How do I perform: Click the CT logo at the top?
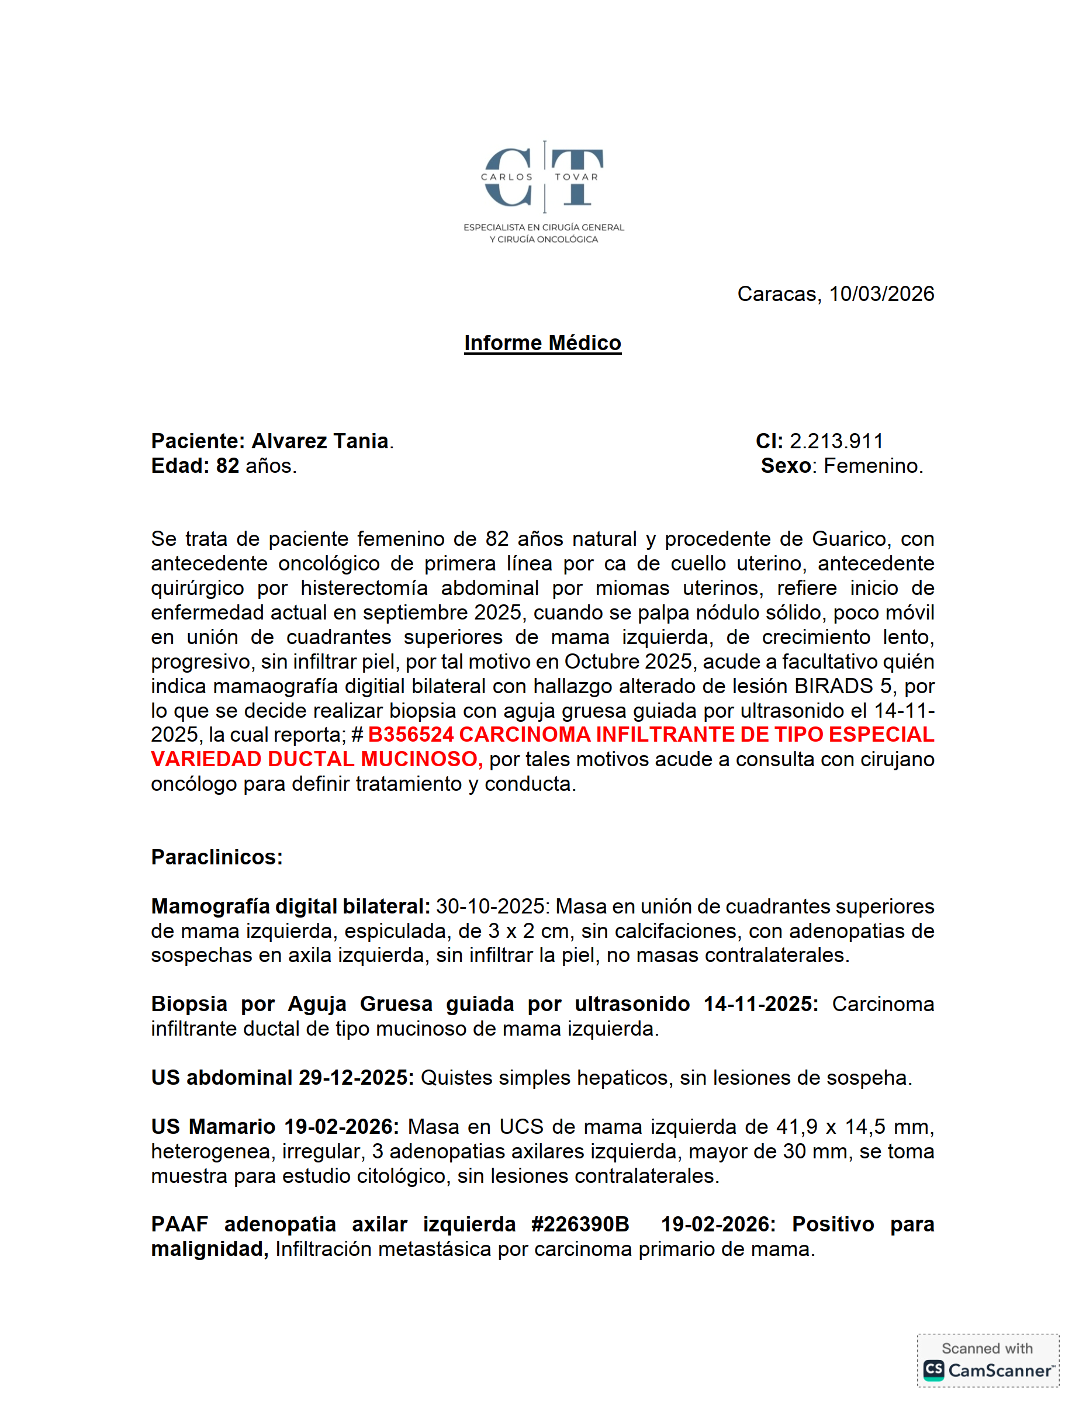(543, 177)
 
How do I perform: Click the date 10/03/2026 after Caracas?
(881, 294)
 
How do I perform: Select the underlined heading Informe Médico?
(542, 343)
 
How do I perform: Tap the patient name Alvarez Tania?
(320, 441)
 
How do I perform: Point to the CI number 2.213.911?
(836, 441)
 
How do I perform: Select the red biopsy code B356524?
(411, 735)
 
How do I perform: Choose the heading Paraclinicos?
(217, 857)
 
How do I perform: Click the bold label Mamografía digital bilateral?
(290, 906)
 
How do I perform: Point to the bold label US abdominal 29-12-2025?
(282, 1078)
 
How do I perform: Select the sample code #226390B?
(580, 1224)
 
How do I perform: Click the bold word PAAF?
(179, 1224)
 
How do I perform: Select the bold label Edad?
(180, 466)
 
